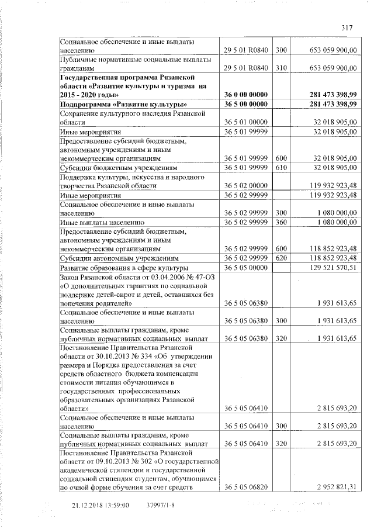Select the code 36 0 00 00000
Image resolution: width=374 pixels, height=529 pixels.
pos(245,94)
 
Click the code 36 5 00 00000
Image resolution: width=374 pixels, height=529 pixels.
pos(245,104)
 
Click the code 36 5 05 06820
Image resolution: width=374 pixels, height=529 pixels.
pos(245,486)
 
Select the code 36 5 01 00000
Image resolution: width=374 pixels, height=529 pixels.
pos(245,123)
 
